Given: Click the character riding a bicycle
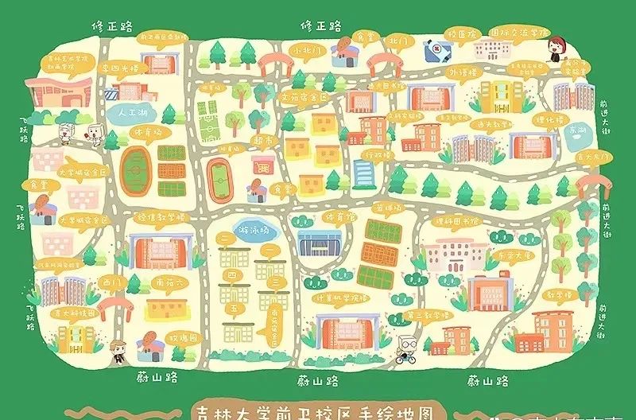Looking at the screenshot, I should tap(407, 348).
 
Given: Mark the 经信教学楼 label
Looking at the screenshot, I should tap(161, 216).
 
